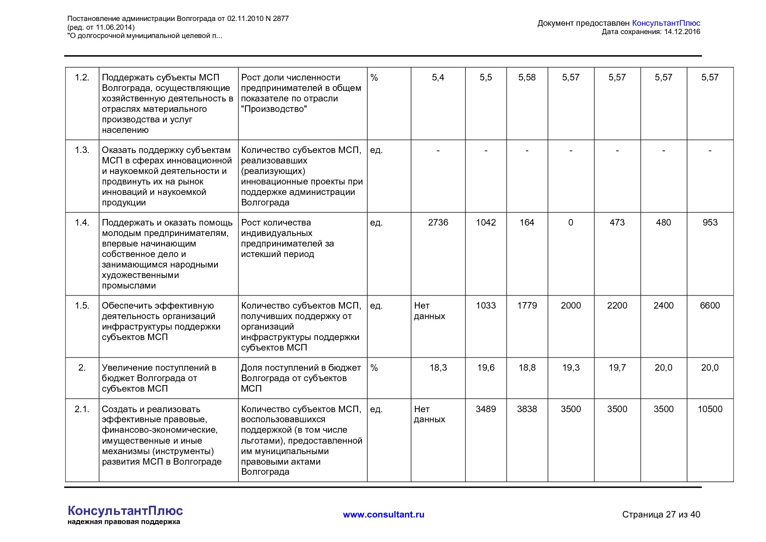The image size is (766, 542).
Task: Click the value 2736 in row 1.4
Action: (x=438, y=222)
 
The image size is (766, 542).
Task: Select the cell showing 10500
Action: (x=710, y=409)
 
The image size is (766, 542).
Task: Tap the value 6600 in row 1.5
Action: (x=710, y=306)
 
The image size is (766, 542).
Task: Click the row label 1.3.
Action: (x=82, y=150)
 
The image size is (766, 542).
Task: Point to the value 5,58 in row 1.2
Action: (x=527, y=77)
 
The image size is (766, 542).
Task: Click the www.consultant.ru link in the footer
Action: (x=383, y=514)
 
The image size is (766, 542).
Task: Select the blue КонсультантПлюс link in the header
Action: (x=666, y=23)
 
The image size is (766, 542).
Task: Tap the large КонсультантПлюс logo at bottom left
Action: (x=125, y=511)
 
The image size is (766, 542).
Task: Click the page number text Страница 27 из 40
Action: (x=661, y=514)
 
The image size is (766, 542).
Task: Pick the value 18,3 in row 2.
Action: (x=438, y=368)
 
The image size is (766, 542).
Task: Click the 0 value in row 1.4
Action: (x=570, y=222)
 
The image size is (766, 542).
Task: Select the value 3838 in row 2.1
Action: (x=527, y=409)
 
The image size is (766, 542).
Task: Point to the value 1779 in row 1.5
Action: (x=527, y=306)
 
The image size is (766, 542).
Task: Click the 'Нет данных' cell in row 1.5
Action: (x=429, y=311)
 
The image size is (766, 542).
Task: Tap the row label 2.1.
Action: (x=82, y=409)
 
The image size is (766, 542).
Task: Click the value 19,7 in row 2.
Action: (x=617, y=368)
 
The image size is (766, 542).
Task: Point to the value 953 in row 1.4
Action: (x=710, y=222)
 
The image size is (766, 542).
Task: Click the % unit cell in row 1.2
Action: (x=374, y=77)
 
